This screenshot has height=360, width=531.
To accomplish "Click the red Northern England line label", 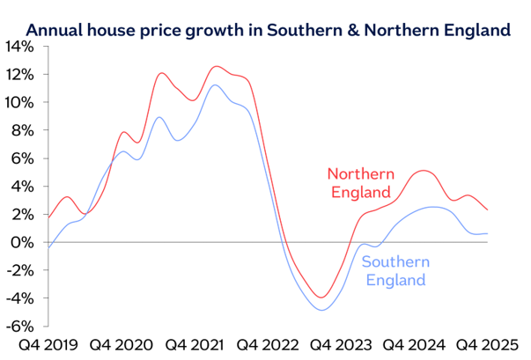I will (361, 183).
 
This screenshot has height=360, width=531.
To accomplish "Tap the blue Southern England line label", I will (395, 271).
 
